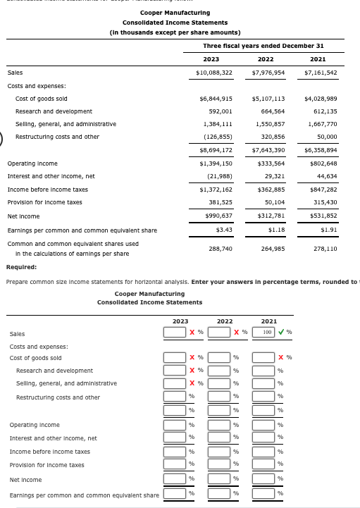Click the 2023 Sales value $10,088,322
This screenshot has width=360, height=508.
[x=213, y=73]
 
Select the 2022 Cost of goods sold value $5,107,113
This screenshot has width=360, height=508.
[x=268, y=99]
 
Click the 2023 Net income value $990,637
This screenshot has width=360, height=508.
[x=216, y=216]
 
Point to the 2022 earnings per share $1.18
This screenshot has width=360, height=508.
[x=275, y=230]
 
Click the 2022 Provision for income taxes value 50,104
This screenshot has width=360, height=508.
[x=272, y=202]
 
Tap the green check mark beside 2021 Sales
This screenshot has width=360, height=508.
[x=282, y=332]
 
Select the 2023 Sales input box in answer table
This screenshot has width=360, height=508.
[x=175, y=332]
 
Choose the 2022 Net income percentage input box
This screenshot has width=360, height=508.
[x=219, y=479]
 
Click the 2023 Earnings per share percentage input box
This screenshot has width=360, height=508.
[x=175, y=494]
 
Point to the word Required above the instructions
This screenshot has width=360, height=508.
[x=21, y=267]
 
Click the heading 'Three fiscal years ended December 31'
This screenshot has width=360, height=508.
[x=263, y=46]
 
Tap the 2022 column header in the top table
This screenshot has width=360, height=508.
[x=266, y=59]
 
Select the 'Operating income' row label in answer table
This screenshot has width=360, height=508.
[x=35, y=425]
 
